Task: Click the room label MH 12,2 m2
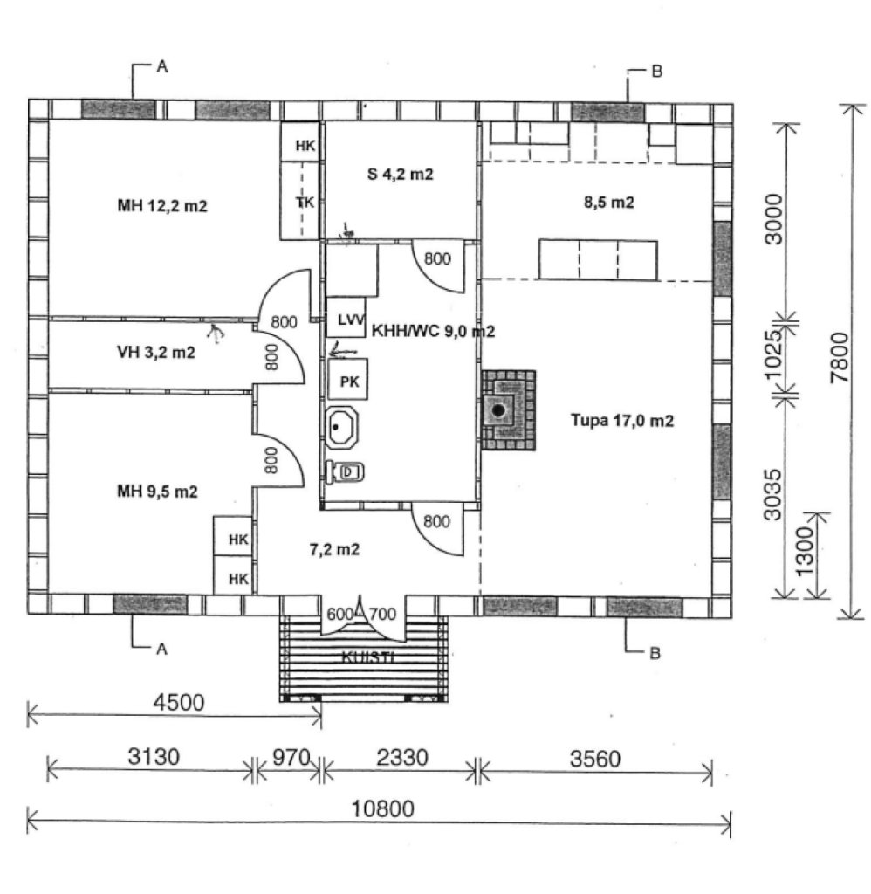[162, 206]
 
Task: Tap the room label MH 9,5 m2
[157, 492]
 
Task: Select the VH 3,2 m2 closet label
[155, 354]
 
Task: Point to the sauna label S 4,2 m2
[401, 175]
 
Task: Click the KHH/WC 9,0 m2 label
[434, 332]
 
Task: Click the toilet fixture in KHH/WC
[346, 472]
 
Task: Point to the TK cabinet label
[305, 202]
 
